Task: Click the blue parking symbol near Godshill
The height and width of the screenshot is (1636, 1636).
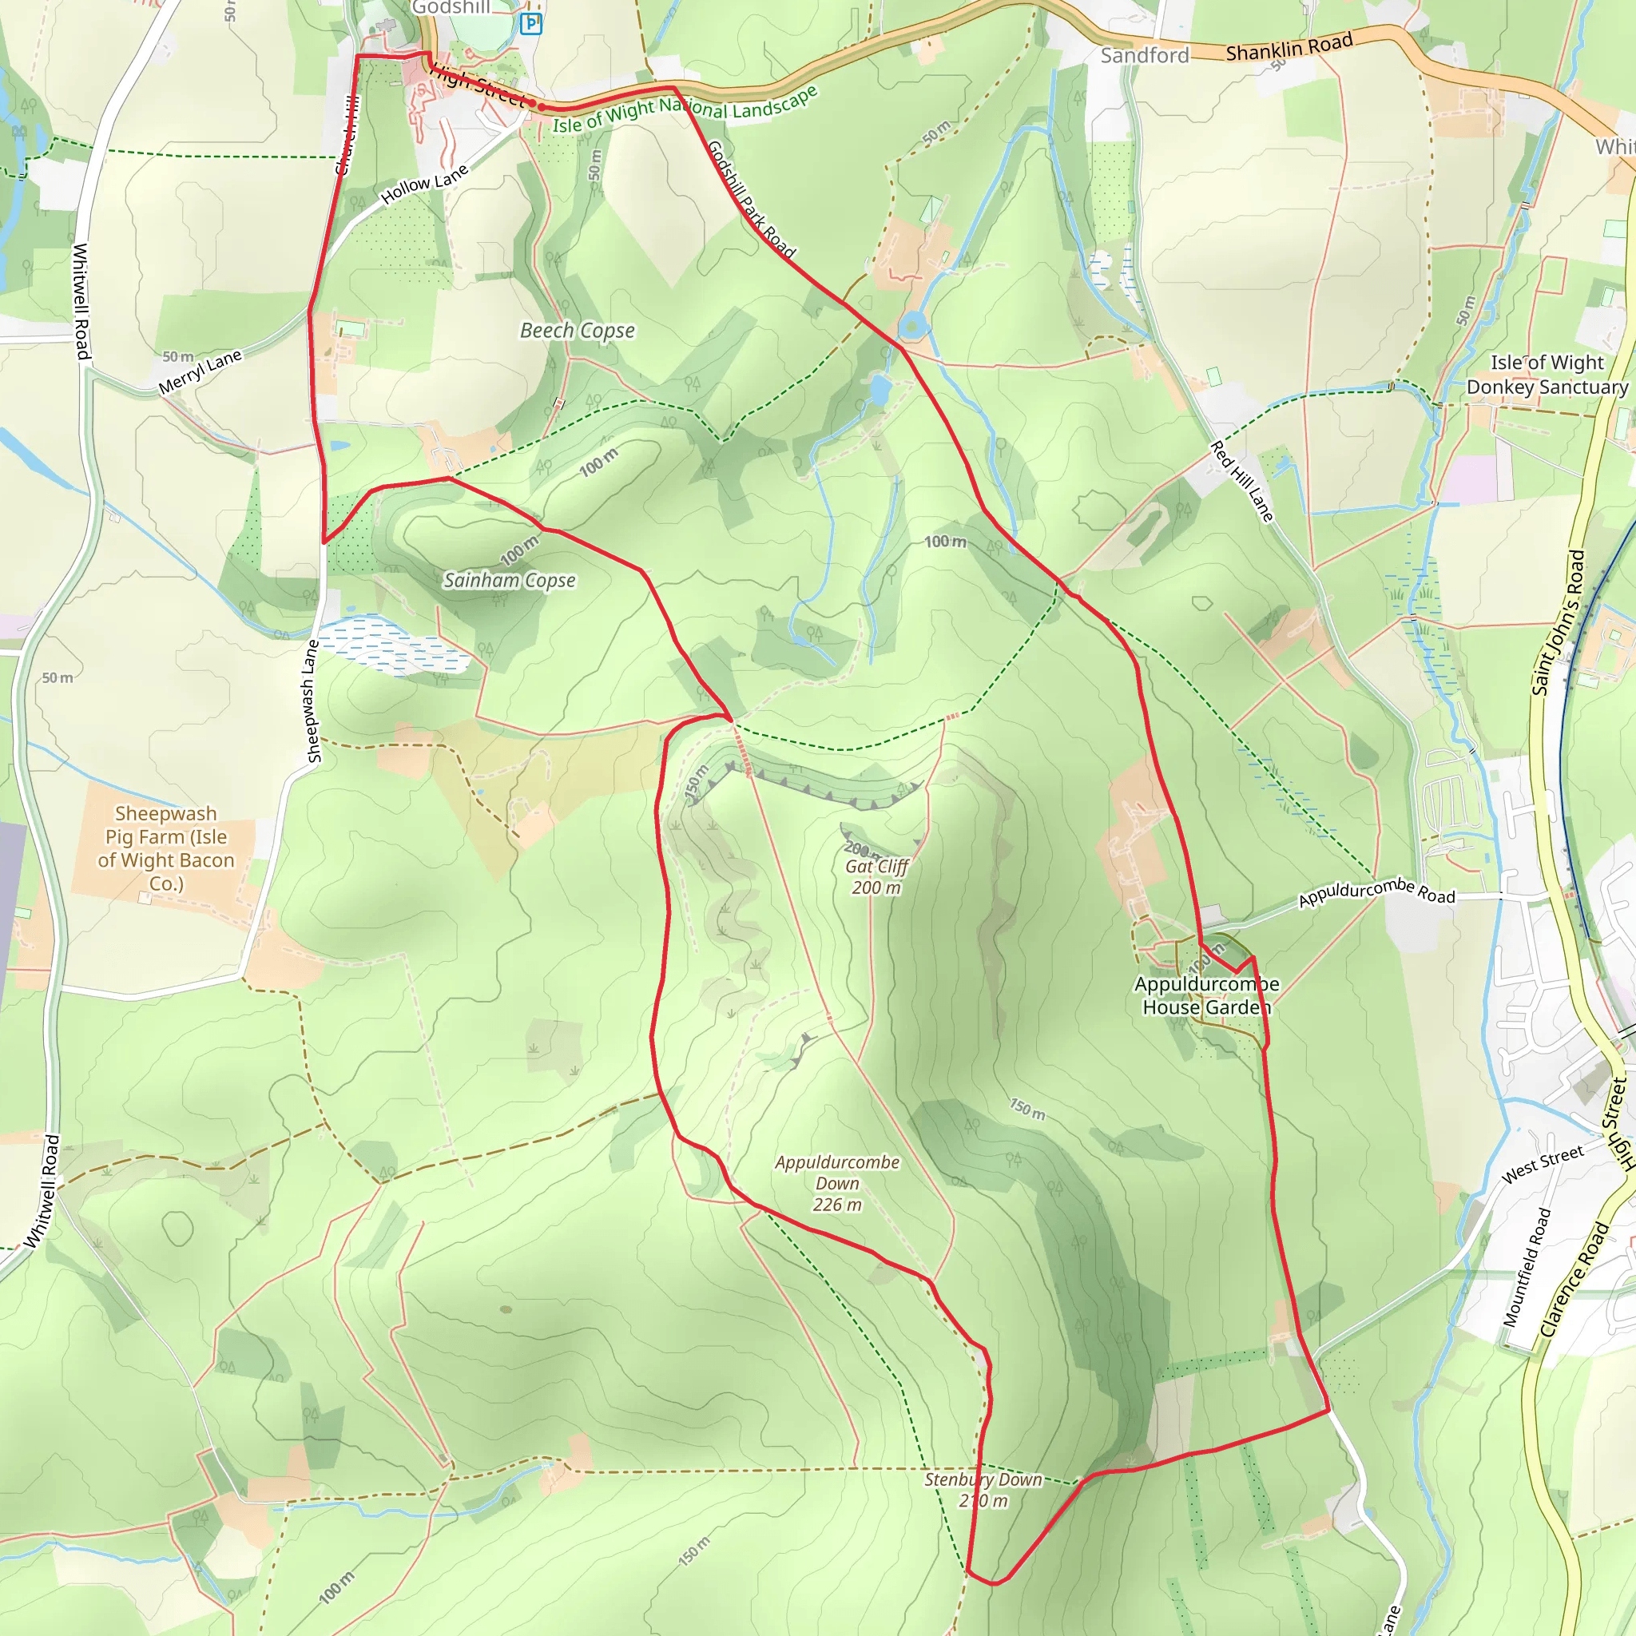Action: (531, 23)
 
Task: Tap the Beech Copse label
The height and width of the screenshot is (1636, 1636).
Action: (578, 330)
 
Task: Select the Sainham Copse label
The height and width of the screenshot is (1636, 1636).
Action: (510, 580)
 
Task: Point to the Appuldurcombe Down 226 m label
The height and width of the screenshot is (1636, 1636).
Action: (837, 1183)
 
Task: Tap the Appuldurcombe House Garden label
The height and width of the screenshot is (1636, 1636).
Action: (1207, 996)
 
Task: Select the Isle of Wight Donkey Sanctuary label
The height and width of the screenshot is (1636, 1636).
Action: (1547, 375)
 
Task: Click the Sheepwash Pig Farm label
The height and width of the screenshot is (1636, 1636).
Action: (166, 848)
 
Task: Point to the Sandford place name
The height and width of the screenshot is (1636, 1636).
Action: (1145, 56)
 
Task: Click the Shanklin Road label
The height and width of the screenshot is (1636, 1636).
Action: (1289, 47)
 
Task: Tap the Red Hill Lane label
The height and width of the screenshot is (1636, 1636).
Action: (1241, 481)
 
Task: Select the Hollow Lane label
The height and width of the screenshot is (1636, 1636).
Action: (424, 185)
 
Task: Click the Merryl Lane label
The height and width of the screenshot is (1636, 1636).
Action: (201, 371)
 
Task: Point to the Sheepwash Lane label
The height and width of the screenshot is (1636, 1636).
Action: (312, 701)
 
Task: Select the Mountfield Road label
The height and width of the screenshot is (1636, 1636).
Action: (1527, 1267)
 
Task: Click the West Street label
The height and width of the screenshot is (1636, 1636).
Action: (1542, 1165)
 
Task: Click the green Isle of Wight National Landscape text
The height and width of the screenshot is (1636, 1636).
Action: (685, 109)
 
